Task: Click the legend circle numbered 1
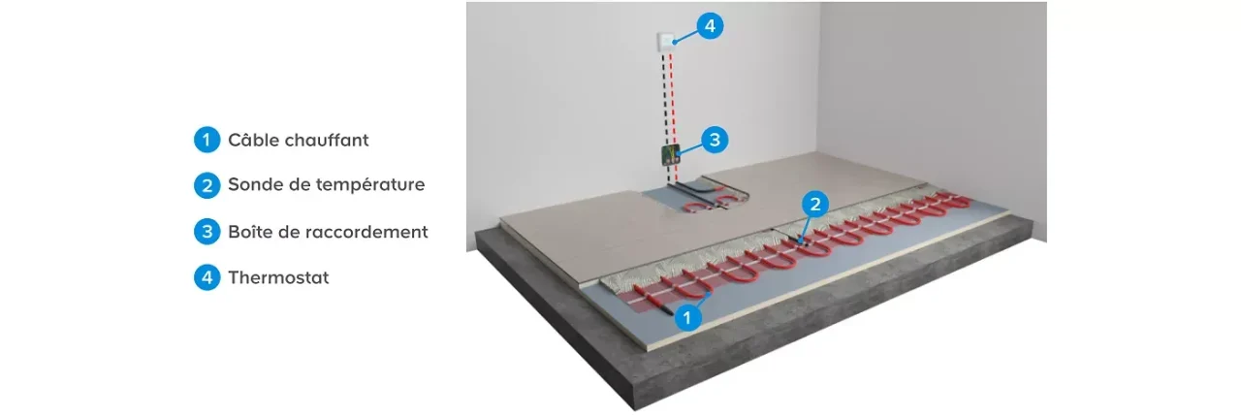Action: [207, 140]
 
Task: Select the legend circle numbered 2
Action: [207, 185]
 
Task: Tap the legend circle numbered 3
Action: [207, 231]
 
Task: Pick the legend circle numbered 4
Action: [207, 277]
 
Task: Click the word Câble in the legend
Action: [253, 140]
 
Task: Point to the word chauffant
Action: [327, 140]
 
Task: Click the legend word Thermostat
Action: [278, 277]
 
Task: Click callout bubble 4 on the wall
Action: [710, 25]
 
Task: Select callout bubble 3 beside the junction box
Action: [715, 140]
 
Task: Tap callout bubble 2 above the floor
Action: [815, 204]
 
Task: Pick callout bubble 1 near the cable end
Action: [687, 317]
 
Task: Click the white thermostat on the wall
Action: [665, 43]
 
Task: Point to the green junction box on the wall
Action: [671, 155]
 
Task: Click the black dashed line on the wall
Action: [666, 117]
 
